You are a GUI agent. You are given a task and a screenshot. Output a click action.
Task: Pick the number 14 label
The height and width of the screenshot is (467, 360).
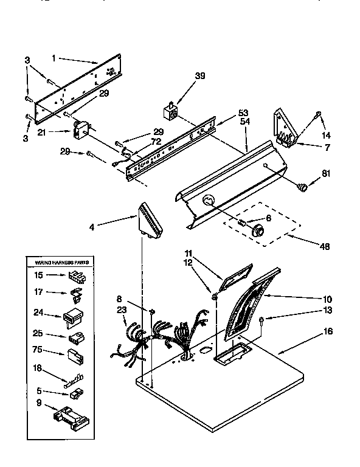(x=326, y=135)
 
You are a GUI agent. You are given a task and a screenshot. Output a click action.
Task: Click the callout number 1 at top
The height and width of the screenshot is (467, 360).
(x=54, y=59)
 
